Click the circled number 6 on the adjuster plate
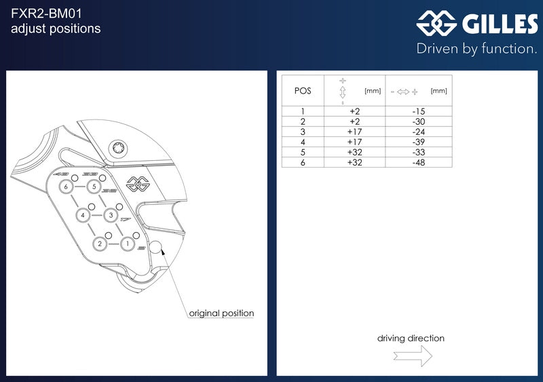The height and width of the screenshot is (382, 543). pyautogui.click(x=66, y=187)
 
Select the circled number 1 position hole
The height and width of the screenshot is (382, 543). pyautogui.click(x=128, y=244)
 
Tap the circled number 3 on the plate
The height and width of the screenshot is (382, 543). pyautogui.click(x=111, y=215)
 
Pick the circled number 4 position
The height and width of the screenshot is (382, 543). pyautogui.click(x=82, y=215)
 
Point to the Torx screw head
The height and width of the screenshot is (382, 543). pyautogui.click(x=118, y=149)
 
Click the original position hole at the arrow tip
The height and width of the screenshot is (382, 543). pyautogui.click(x=155, y=247)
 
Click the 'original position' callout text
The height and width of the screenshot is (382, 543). pyautogui.click(x=222, y=313)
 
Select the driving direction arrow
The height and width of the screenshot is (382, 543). pyautogui.click(x=413, y=356)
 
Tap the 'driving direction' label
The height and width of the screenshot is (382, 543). pyautogui.click(x=411, y=338)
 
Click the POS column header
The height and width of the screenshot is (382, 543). pyautogui.click(x=303, y=91)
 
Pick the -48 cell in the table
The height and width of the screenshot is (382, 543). pyautogui.click(x=419, y=162)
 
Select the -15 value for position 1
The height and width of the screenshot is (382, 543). pyautogui.click(x=419, y=111)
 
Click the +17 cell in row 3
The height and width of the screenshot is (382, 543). pyautogui.click(x=354, y=132)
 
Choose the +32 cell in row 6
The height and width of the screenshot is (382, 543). pyautogui.click(x=354, y=162)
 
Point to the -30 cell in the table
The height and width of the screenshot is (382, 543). pyautogui.click(x=419, y=121)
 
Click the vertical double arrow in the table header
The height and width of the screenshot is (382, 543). pyautogui.click(x=343, y=92)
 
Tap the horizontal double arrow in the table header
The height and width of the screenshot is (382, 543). pyautogui.click(x=403, y=92)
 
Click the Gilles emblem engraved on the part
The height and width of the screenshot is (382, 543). pyautogui.click(x=138, y=184)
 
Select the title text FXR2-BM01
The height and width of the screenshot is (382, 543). pyautogui.click(x=46, y=14)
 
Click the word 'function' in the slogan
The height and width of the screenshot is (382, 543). pyautogui.click(x=508, y=48)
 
